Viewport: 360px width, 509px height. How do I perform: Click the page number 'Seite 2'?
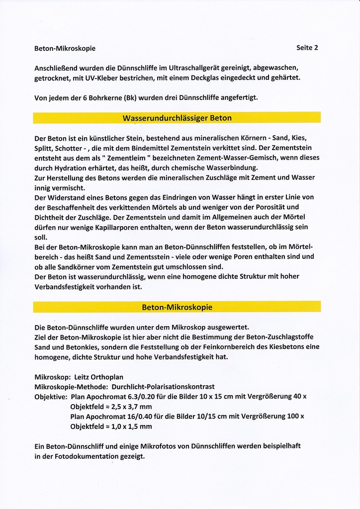307,48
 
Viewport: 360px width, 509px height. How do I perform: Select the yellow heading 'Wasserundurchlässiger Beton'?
177,118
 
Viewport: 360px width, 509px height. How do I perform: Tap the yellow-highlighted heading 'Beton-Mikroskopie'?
177,307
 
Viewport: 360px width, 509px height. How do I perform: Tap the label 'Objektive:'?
51,397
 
